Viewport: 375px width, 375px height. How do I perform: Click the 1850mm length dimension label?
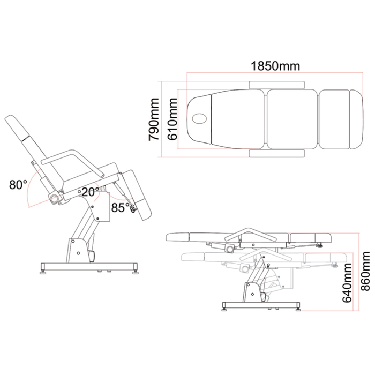point(275,66)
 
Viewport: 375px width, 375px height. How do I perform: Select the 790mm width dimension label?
point(154,119)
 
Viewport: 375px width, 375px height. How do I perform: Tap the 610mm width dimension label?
point(172,119)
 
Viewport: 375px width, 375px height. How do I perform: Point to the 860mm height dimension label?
point(365,271)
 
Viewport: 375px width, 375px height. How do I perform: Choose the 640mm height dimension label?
point(347,283)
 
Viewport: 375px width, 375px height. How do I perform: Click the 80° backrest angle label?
point(18,185)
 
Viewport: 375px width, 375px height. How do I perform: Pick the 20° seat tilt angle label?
point(91,192)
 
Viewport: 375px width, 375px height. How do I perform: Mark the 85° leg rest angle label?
point(121,208)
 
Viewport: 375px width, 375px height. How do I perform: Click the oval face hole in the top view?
point(199,119)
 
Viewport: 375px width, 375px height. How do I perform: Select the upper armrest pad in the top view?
point(277,85)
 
